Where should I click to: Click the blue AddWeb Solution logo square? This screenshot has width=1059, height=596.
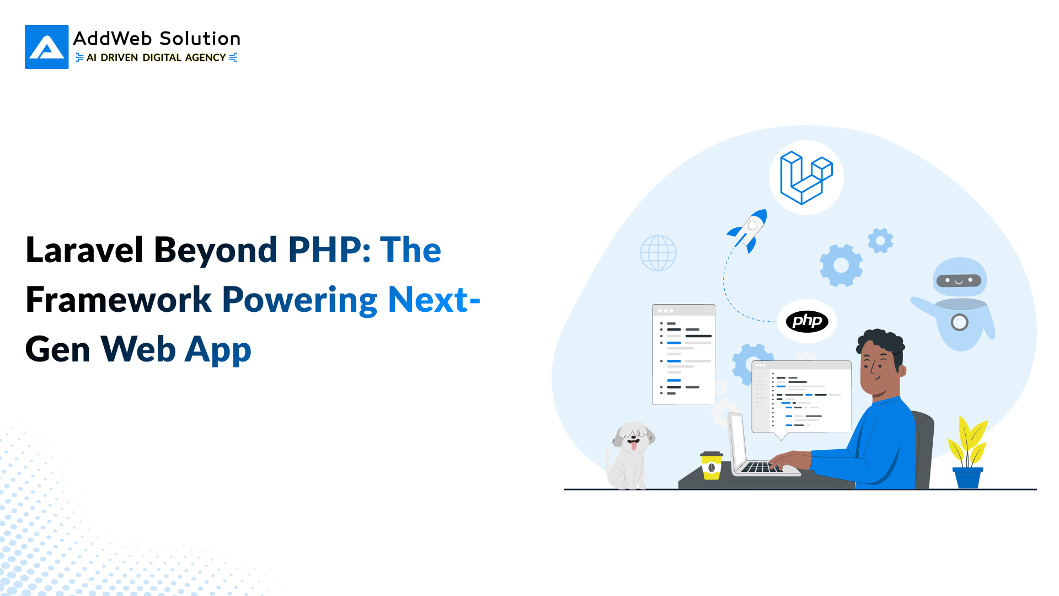coord(47,47)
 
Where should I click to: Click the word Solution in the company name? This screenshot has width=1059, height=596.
coord(200,39)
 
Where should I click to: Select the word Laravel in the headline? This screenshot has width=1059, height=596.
coord(84,250)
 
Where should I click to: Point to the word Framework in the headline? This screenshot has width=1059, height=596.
coord(119,300)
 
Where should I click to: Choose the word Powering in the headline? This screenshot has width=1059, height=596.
coord(299,300)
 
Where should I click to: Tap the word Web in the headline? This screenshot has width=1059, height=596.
coord(138,349)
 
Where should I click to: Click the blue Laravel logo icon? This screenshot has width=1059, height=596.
coord(806,178)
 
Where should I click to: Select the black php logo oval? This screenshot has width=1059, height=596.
coord(807,321)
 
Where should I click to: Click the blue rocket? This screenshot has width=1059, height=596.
coord(748,231)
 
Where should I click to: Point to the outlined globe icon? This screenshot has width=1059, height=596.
coord(658,253)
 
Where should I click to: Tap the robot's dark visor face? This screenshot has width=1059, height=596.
coord(959,280)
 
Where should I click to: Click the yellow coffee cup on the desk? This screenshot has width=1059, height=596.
coord(712,466)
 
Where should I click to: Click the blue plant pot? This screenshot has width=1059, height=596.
coord(967,477)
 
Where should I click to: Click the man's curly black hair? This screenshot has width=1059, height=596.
coord(881,340)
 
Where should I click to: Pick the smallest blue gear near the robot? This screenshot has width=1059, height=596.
coord(880,241)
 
